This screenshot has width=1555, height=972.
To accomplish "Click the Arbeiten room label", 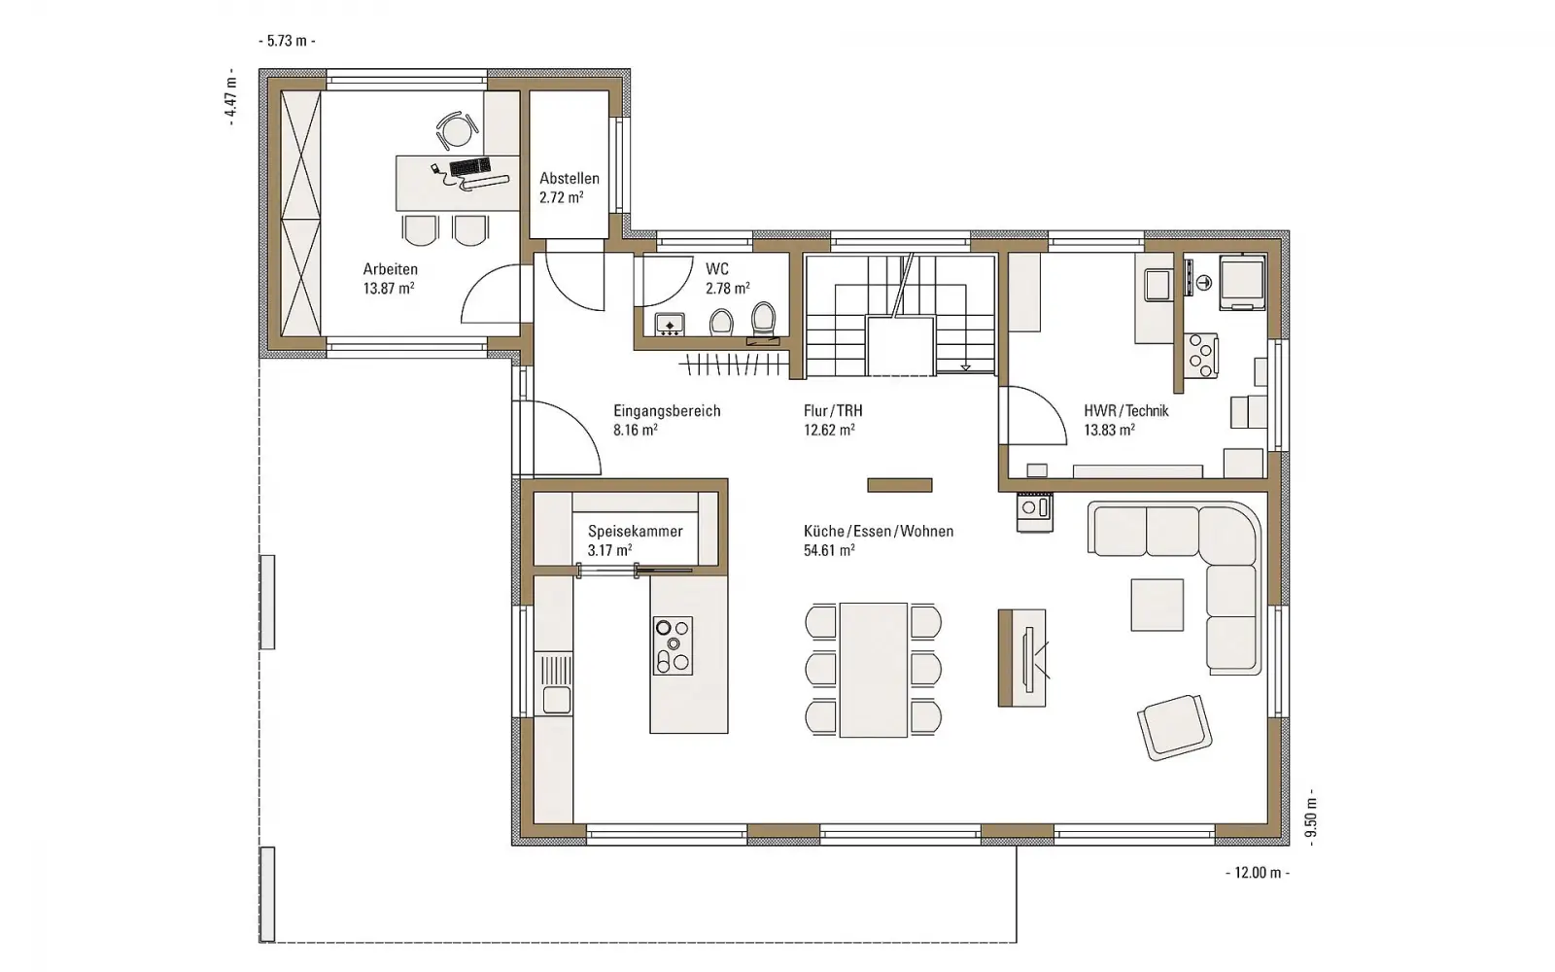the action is (x=390, y=269).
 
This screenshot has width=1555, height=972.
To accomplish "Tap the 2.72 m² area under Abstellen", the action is (x=561, y=198).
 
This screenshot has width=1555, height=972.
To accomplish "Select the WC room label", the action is (x=717, y=268).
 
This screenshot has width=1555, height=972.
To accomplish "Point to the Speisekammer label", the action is (x=636, y=531).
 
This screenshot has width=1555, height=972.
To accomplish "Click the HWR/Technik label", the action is (x=1126, y=411).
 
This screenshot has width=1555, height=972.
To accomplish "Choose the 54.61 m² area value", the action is (x=829, y=550).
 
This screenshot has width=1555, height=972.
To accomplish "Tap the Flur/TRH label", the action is (x=833, y=411).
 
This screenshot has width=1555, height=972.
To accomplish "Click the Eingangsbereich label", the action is (x=667, y=411).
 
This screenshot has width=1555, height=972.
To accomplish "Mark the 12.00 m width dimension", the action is (x=1258, y=873).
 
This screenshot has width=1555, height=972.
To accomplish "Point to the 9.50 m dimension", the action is (x=1311, y=817).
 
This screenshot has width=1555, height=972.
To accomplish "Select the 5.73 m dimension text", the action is (x=287, y=41).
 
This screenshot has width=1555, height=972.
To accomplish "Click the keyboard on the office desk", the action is (x=470, y=166).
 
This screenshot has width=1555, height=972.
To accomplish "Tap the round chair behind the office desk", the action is (x=457, y=130).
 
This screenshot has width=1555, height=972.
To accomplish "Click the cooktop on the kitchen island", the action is (x=673, y=645).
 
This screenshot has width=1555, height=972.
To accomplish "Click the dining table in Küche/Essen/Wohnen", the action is (x=874, y=670).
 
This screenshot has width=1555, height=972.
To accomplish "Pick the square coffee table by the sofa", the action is (x=1158, y=605).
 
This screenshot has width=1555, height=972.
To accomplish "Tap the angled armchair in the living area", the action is (x=1175, y=728).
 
